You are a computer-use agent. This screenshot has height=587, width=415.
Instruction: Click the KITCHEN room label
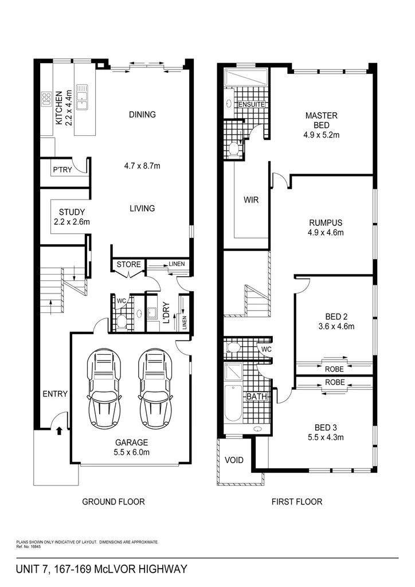point(58,107)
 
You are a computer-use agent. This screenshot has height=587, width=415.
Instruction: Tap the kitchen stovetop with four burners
point(45,100)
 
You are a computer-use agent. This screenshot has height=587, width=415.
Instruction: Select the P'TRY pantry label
point(61,170)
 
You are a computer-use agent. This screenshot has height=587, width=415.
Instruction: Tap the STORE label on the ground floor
point(128,264)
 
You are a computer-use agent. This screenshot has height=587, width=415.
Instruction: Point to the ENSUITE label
point(252,105)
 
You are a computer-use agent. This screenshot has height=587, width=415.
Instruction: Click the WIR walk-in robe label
point(252,201)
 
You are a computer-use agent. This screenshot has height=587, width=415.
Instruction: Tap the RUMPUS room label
point(325,223)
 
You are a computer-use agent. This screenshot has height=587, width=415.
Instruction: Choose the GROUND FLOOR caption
point(113,502)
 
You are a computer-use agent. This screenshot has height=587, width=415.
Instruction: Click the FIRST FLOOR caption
point(296,502)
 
